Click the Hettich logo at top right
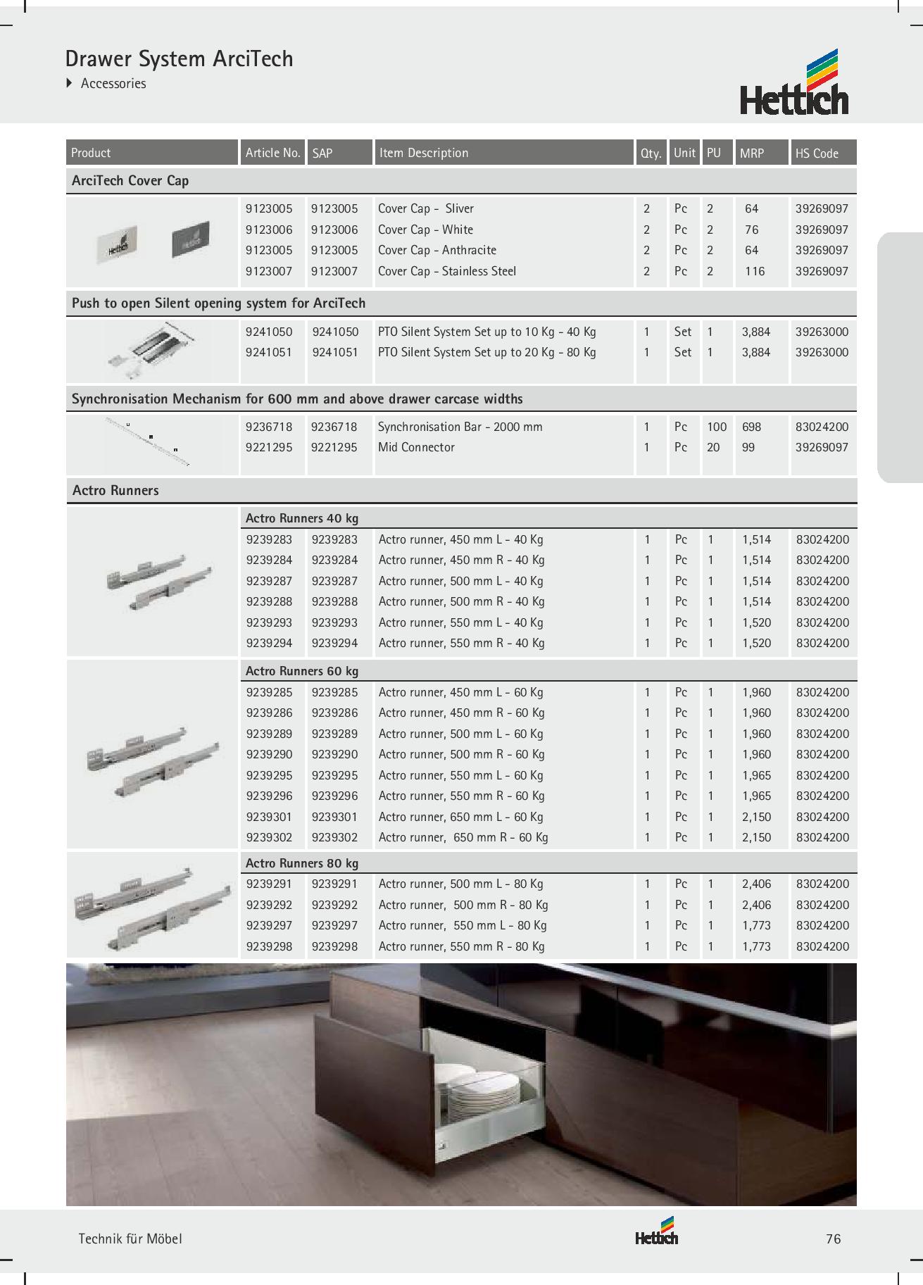[794, 83]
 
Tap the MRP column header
[751, 153]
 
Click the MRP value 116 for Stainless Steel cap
[754, 271]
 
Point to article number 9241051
[268, 352]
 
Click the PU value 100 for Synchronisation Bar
[717, 427]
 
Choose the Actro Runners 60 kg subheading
[301, 671]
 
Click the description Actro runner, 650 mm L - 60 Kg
[460, 817]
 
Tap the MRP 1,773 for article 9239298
[756, 946]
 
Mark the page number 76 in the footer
[833, 1239]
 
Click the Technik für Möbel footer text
[130, 1239]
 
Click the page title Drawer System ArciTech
[179, 58]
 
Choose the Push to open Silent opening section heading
[218, 303]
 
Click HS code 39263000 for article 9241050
[821, 332]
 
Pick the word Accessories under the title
[113, 83]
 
